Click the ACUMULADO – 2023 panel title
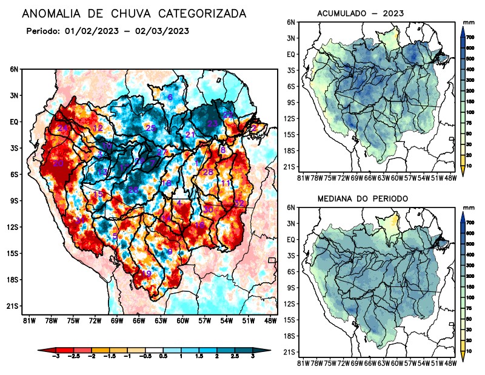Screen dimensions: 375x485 coord(360,13)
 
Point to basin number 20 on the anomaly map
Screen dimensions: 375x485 coord(59,163)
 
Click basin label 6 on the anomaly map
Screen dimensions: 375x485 coord(170,97)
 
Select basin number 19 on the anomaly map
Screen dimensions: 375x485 coord(146,273)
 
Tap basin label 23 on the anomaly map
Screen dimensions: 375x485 coord(212,123)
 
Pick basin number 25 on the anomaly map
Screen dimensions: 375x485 coord(151,127)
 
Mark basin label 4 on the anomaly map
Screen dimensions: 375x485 coord(179,202)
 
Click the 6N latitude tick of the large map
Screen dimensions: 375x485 coord(14,69)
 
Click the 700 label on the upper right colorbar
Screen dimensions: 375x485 coord(469,37)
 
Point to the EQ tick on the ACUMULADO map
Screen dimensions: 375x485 coord(291,53)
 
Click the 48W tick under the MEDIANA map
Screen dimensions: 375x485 coord(450,363)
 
